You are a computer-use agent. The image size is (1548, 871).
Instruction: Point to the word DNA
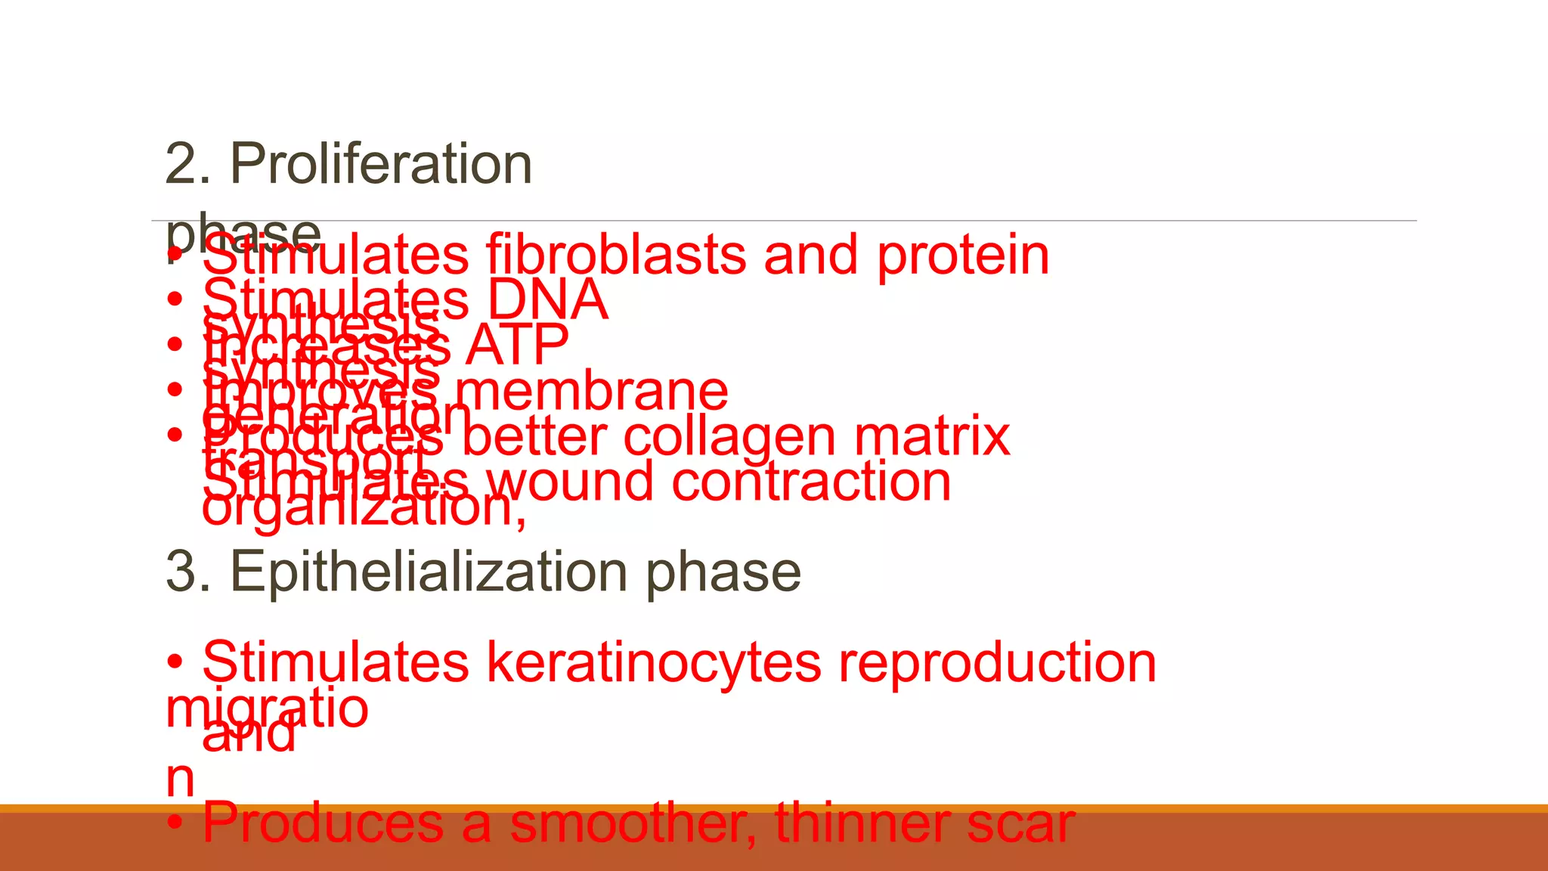547,300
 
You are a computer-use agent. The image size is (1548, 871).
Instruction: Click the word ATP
517,346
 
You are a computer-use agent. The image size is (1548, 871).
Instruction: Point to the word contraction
811,482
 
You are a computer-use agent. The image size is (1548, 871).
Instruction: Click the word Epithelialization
429,572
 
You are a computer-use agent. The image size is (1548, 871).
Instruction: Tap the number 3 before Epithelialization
181,572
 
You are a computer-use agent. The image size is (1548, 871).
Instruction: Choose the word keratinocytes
653,663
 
